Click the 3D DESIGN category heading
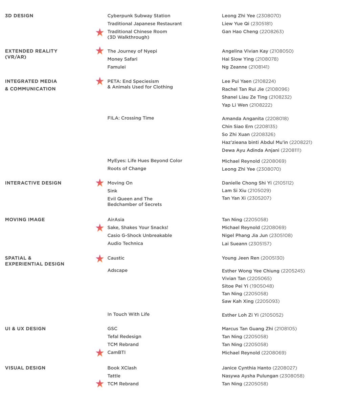19,16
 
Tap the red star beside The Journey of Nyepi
99,51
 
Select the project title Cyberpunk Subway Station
139,16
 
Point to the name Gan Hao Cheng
240,31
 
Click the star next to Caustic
99,258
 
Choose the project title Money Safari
122,59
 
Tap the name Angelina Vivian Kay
245,51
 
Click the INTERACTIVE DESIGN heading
33,183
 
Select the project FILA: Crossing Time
131,118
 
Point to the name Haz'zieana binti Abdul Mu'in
254,142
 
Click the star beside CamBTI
99,353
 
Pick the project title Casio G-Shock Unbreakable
139,235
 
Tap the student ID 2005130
272,258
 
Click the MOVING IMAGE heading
25,219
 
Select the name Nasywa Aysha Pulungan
250,376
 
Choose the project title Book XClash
122,368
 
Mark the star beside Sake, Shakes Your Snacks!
99,228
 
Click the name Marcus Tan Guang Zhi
247,329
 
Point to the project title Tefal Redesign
124,337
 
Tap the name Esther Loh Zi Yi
240,315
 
